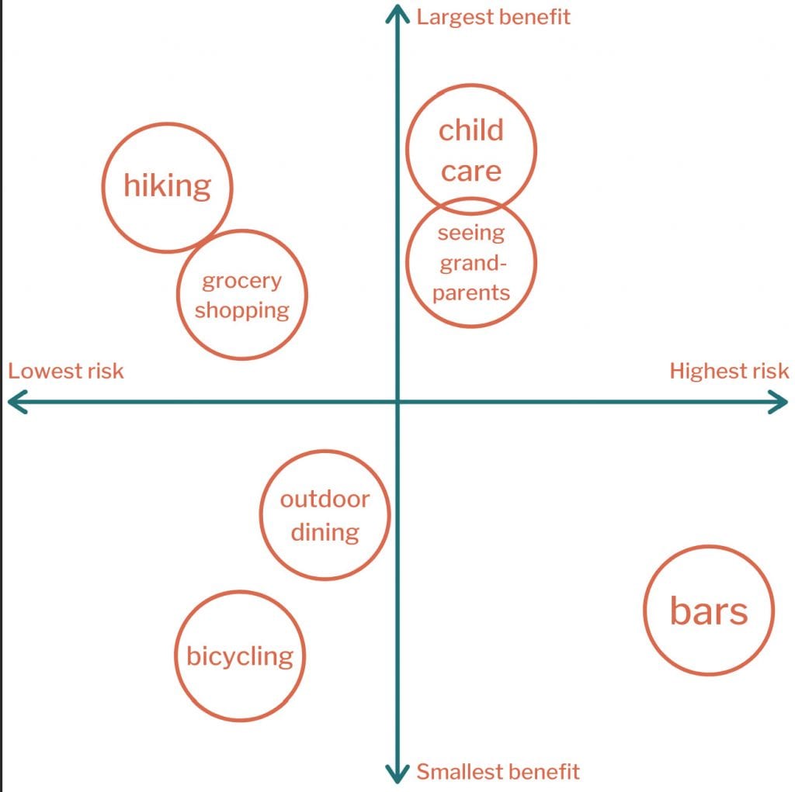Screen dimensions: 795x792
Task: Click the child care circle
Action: [471, 85]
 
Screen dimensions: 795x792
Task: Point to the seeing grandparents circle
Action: [471, 327]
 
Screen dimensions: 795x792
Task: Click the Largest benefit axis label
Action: [493, 17]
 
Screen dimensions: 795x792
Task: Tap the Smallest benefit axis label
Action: [498, 772]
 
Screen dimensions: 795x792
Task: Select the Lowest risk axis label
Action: [66, 371]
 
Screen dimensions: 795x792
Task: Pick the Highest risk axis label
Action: [729, 371]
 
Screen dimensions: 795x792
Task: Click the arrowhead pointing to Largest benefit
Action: [397, 7]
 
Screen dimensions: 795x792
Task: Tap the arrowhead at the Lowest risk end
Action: [10, 403]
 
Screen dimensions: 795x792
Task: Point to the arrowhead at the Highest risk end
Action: [786, 403]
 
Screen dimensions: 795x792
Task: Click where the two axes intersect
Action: [397, 403]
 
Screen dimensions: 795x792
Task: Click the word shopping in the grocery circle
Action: [242, 310]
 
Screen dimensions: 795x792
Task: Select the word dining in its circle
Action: [325, 533]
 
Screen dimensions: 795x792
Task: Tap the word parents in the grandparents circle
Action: [471, 293]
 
